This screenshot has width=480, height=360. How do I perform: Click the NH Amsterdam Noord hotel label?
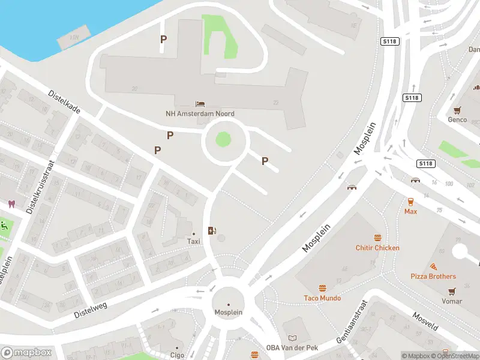[200, 113]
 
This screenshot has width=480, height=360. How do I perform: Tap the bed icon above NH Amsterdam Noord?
[200, 104]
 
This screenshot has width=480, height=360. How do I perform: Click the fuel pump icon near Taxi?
[212, 230]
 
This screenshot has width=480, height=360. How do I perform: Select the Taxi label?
[193, 241]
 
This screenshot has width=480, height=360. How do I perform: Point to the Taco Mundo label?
[322, 298]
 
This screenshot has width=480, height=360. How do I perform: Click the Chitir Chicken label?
[377, 248]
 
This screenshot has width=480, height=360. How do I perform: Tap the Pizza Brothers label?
[433, 277]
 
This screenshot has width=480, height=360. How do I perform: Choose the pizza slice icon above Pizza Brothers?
[433, 266]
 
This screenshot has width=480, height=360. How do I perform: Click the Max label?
[410, 211]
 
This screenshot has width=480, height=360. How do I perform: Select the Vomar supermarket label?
[451, 301]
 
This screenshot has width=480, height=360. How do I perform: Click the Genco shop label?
[458, 119]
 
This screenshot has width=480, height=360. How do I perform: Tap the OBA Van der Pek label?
[292, 347]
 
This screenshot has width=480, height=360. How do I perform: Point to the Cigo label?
[177, 355]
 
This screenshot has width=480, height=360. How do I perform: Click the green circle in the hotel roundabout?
[223, 140]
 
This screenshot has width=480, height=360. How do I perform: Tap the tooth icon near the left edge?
[11, 204]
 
